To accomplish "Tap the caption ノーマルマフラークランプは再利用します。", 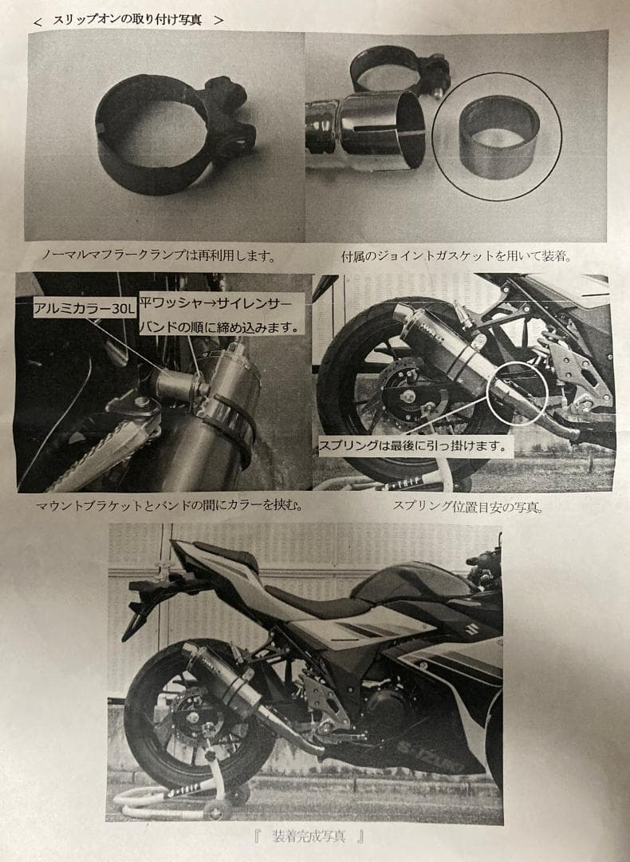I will [159, 256].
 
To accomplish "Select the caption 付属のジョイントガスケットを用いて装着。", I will [458, 256].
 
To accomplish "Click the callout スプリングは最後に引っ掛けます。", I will [413, 445].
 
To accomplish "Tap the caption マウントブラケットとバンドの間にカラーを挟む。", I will [169, 506].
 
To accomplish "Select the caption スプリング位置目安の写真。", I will [467, 506].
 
